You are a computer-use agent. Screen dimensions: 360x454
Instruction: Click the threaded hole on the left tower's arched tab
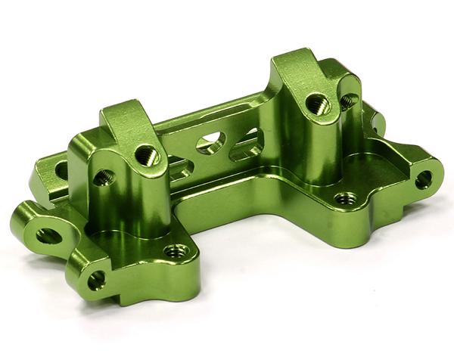tap(146, 156)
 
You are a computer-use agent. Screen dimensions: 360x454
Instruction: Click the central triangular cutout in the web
tap(210, 144)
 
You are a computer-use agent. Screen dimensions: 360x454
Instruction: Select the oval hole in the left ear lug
tap(48, 235)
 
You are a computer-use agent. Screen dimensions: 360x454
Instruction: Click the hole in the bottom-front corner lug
tap(96, 281)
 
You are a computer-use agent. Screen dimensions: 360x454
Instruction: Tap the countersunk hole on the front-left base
tap(176, 250)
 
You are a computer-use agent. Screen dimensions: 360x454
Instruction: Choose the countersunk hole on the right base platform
tap(345, 199)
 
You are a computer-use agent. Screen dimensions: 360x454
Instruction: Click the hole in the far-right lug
tap(424, 179)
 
